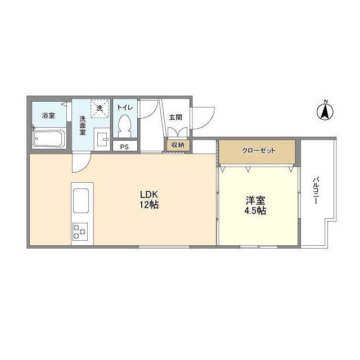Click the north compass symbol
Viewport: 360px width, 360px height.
pyautogui.click(x=325, y=112)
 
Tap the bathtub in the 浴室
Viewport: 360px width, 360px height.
pyautogui.click(x=49, y=138)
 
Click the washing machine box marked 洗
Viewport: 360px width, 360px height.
pyautogui.click(x=100, y=109)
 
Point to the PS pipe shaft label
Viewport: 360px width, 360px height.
pyautogui.click(x=124, y=147)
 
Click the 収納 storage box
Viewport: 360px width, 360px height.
pyautogui.click(x=178, y=145)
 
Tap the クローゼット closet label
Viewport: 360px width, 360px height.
pyautogui.click(x=259, y=150)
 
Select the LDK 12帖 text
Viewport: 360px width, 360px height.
pyautogui.click(x=149, y=200)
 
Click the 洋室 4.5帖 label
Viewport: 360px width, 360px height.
pyautogui.click(x=255, y=205)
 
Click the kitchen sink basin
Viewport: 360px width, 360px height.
pyautogui.click(x=81, y=201)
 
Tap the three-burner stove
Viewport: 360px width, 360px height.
pyautogui.click(x=80, y=232)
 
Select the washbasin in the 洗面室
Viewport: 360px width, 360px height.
pyautogui.click(x=102, y=139)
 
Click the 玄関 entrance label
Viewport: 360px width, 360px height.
pyautogui.click(x=175, y=118)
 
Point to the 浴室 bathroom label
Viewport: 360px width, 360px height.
pyautogui.click(x=48, y=115)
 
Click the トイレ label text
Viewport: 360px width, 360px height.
pyautogui.click(x=125, y=107)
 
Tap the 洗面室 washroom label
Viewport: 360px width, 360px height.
pyautogui.click(x=83, y=125)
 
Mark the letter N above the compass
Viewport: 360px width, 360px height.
pyautogui.click(x=325, y=101)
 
